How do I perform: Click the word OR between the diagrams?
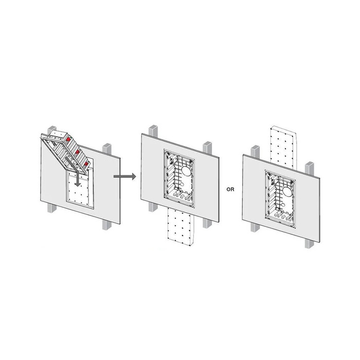coord(230,190)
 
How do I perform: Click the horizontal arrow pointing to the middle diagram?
coord(125,176)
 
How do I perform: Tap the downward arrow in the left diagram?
coord(74,171)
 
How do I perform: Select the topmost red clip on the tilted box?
coord(68,139)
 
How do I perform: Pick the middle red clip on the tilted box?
coord(77,152)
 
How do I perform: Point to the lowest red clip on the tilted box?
coord(86,164)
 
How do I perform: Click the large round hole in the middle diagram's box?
coord(186,171)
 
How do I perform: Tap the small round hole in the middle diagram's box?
coord(182,184)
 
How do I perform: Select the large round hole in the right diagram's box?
coord(287,191)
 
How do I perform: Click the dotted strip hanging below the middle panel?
coord(181,227)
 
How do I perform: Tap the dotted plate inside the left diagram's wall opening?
coord(80,190)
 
